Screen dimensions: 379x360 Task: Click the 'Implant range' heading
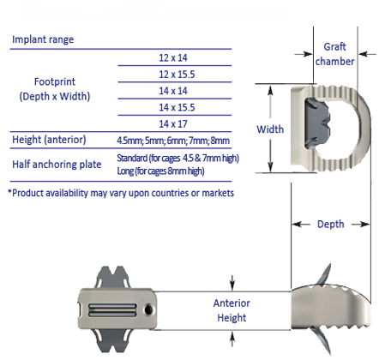coord(43,39)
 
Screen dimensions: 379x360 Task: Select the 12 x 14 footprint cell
coord(173,57)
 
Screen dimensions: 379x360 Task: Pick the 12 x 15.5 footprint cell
coord(177,75)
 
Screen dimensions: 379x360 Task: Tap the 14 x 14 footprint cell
coord(173,91)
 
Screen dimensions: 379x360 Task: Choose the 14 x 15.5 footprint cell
coord(177,107)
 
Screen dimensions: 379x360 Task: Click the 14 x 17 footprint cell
coord(173,124)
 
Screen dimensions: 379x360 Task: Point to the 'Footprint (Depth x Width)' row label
coord(55,89)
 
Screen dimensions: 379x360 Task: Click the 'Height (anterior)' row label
coord(49,140)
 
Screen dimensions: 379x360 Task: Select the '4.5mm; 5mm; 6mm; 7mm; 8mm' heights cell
coord(173,141)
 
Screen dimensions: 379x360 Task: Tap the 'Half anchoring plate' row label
coord(57,165)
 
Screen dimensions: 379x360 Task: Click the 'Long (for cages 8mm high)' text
coord(161,171)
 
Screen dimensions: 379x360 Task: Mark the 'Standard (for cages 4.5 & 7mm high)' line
coord(178,158)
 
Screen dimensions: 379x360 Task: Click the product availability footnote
coord(121,193)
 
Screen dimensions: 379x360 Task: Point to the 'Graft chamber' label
coord(334,54)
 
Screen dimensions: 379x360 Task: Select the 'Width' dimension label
coord(270,129)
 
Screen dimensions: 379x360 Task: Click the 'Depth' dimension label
coord(331,225)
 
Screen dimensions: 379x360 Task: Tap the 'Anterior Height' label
coord(232,310)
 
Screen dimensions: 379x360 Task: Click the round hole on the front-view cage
coord(148,309)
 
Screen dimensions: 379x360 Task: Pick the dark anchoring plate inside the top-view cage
coord(316,123)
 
